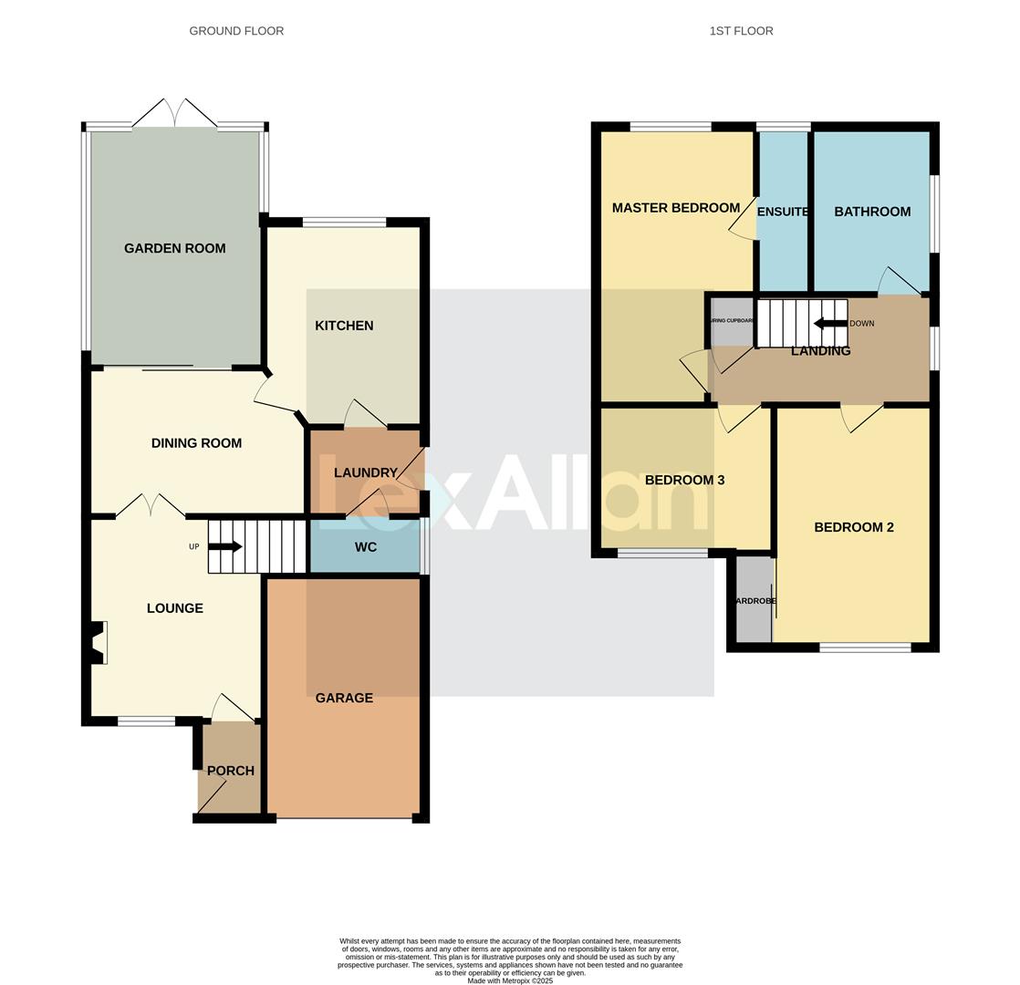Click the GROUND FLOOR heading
[x=236, y=31]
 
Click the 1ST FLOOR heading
[x=741, y=31]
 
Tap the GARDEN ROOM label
[x=174, y=248]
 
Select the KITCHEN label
[x=344, y=326]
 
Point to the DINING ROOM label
[x=196, y=443]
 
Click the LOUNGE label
[x=174, y=608]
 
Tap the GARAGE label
[x=344, y=698]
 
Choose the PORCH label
[x=230, y=771]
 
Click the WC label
[x=365, y=547]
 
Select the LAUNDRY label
[x=365, y=472]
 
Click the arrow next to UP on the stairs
[x=225, y=546]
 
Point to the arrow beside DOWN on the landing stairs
[x=830, y=323]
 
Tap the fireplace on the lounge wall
[x=98, y=642]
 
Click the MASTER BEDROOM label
[x=675, y=208]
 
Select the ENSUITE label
[x=783, y=212]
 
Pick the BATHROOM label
[x=872, y=212]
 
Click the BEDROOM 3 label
[x=684, y=480]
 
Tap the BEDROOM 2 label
[x=853, y=527]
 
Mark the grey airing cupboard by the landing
[x=732, y=322]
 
